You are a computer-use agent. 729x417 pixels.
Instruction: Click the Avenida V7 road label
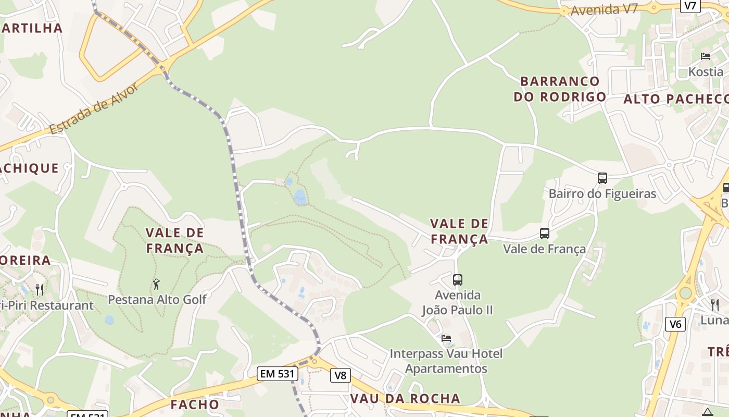[x=604, y=10]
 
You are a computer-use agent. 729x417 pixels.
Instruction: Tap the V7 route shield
[x=690, y=6]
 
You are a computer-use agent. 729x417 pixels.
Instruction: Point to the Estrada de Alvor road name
[x=95, y=108]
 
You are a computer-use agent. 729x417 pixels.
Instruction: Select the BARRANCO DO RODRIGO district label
[x=560, y=89]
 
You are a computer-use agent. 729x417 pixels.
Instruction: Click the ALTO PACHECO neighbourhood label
[x=676, y=99]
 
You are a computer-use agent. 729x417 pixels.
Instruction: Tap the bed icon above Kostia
[x=706, y=56]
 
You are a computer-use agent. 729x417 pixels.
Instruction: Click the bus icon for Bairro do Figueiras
[x=602, y=178]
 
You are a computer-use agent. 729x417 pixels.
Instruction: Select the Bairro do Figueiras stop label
[x=602, y=194]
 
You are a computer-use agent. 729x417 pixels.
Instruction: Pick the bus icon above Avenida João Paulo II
[x=458, y=280]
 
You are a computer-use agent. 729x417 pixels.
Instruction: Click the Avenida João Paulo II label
[x=458, y=303]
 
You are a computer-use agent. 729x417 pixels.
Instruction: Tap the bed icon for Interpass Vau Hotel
[x=446, y=338]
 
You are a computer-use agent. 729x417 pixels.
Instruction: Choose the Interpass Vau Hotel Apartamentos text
[x=446, y=361]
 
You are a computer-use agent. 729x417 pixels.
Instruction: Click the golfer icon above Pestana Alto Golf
[x=156, y=284]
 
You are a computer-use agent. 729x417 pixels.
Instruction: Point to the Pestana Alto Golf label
[x=157, y=300]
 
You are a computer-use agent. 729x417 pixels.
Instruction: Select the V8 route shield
[x=340, y=375]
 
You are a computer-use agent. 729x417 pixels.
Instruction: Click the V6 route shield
[x=675, y=324]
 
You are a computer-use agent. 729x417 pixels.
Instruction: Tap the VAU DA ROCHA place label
[x=405, y=399]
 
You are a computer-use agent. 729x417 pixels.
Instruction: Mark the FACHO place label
[x=195, y=404]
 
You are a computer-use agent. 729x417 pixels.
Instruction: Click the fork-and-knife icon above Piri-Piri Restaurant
[x=40, y=289]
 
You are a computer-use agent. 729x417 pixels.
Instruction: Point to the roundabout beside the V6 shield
[x=685, y=293]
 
